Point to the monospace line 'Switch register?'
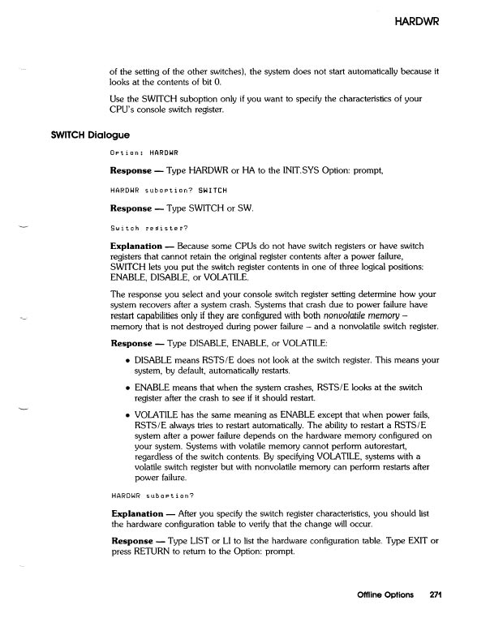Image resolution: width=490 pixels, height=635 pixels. point(143,230)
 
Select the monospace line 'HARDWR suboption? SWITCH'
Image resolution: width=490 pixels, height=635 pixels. point(157,191)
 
